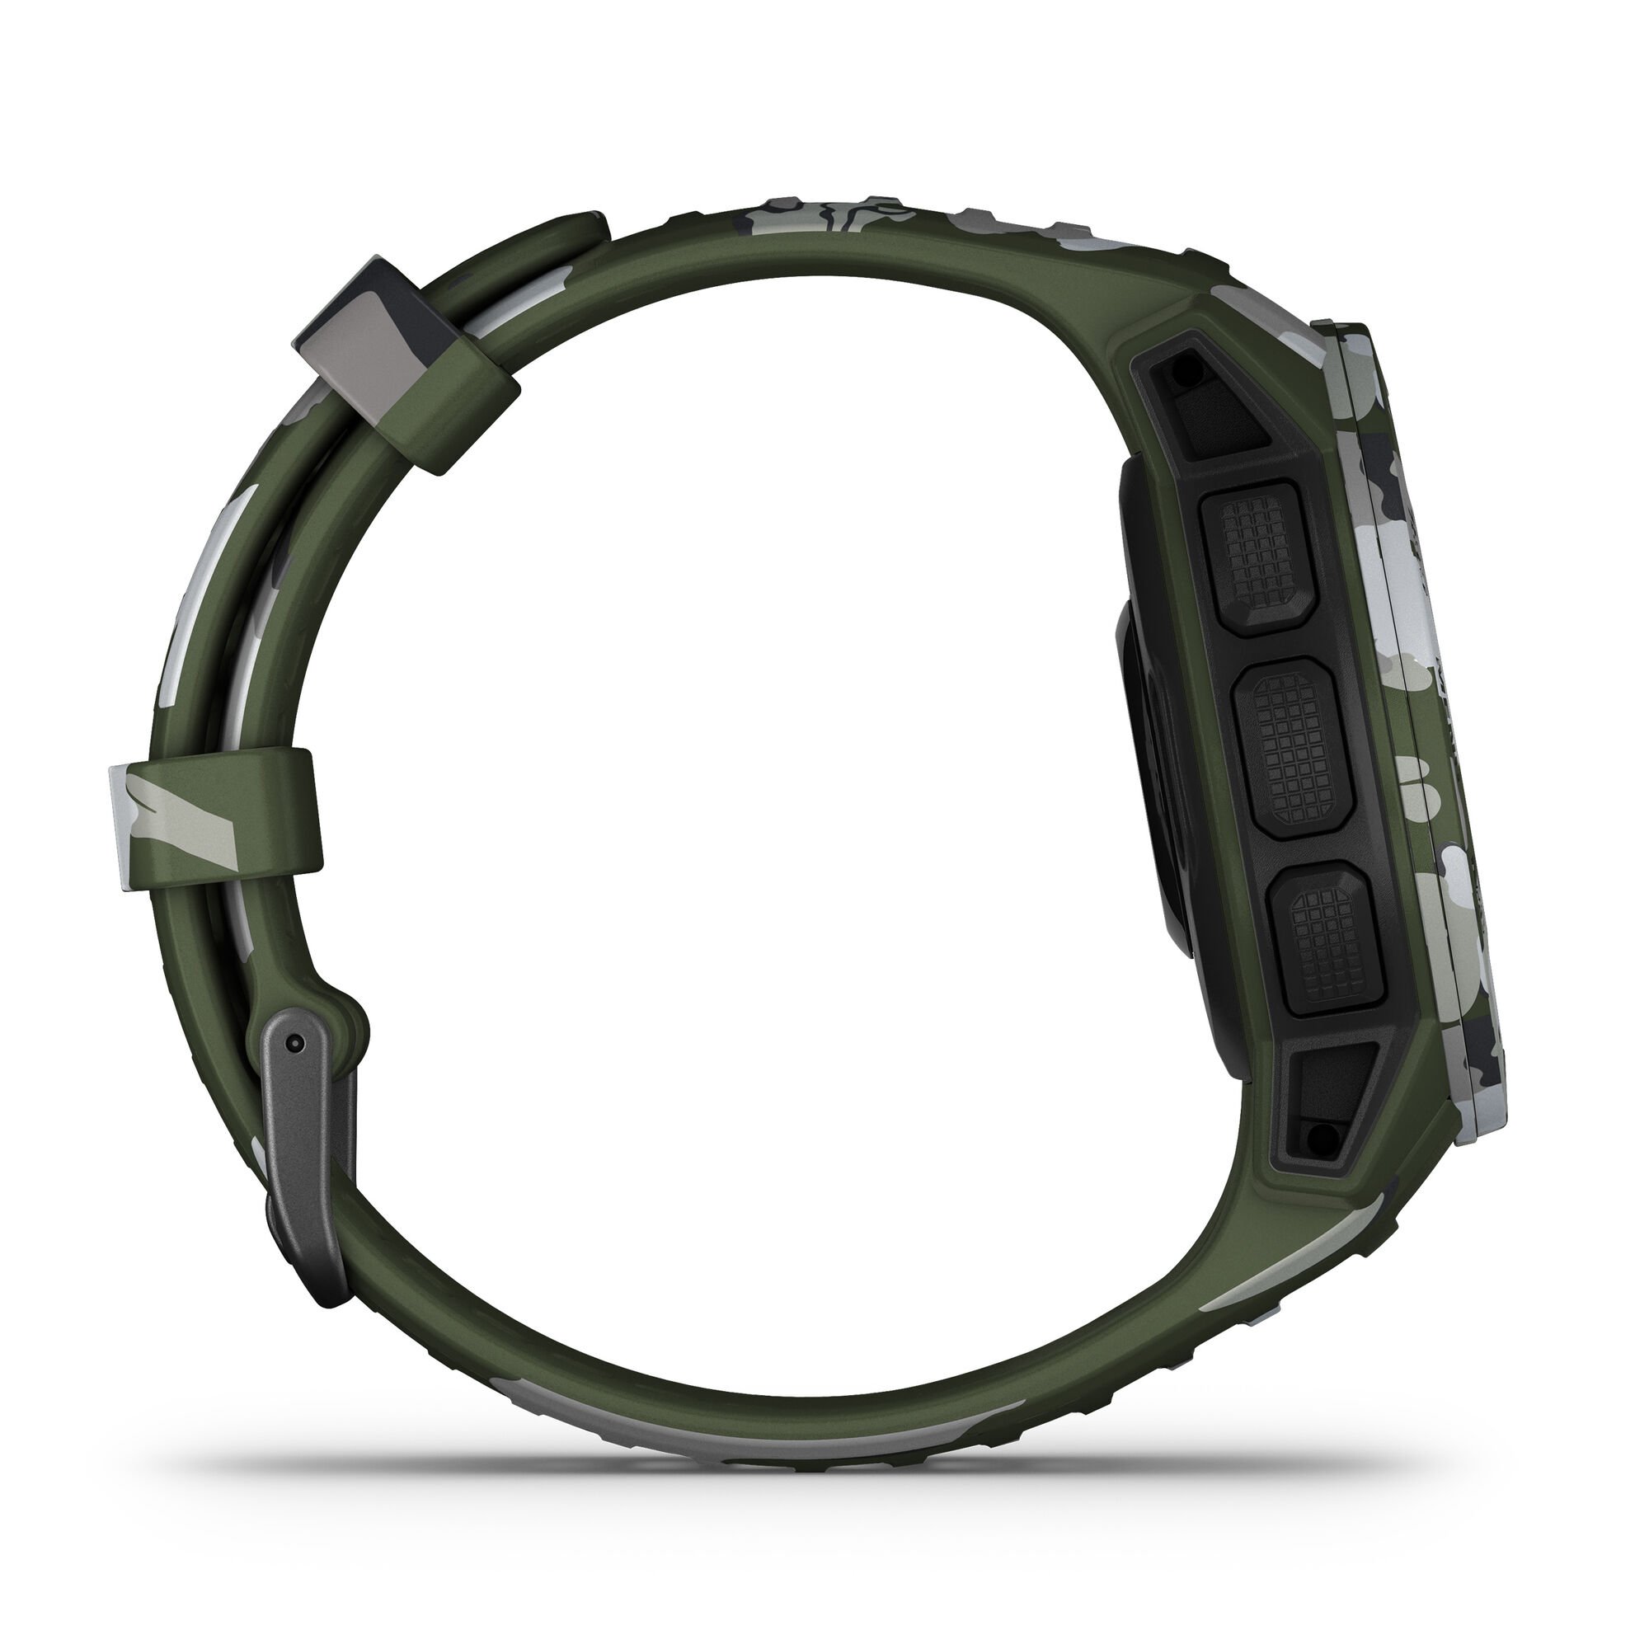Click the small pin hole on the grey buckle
coord(294,1042)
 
